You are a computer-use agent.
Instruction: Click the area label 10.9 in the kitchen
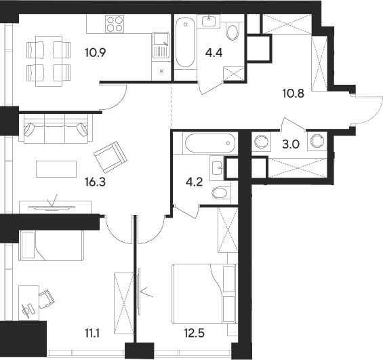point(96,52)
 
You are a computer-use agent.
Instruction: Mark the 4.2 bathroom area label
point(195,181)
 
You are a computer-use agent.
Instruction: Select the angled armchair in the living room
point(110,157)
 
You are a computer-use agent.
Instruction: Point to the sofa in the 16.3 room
point(55,128)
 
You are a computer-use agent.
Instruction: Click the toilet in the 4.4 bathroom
point(233,33)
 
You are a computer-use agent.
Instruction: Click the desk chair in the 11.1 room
point(46,296)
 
